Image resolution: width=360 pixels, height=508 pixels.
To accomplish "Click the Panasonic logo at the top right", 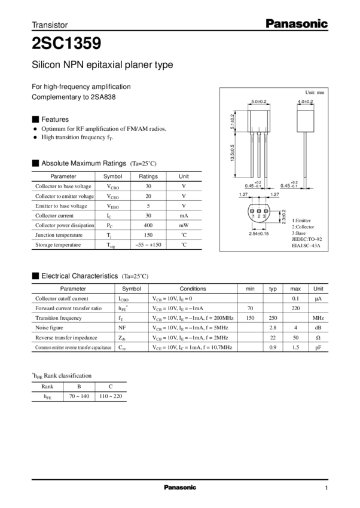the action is point(297,24).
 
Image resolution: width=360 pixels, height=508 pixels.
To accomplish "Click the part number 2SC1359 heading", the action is point(66,43).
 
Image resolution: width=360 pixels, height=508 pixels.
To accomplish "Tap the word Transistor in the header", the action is point(50,25).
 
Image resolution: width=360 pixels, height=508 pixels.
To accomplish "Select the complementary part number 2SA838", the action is point(103,97).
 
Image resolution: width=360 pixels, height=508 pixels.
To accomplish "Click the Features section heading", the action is point(55,119).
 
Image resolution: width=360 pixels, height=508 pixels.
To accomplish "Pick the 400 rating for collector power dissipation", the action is point(148,225).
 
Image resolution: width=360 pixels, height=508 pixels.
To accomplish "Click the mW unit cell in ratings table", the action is point(184,225).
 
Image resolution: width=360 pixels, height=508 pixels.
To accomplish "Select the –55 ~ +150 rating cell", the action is point(148,244).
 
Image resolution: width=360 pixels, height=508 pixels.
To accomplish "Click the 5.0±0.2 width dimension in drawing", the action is point(258,102).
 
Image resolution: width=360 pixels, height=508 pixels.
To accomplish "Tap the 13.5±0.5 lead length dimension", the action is point(233,153).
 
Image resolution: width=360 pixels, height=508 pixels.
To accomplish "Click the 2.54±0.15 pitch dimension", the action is point(258,234).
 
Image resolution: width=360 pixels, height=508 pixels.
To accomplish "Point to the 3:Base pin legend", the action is point(299,233).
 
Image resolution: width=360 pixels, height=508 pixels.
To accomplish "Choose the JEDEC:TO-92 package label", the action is point(307,239).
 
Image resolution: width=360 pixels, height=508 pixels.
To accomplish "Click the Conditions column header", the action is point(193,289).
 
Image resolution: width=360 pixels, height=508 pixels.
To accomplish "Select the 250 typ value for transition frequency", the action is point(273,318).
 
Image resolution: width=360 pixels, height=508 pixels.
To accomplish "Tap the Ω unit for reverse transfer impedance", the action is point(318,338).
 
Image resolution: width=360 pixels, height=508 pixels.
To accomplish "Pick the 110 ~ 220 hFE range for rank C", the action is point(111,396).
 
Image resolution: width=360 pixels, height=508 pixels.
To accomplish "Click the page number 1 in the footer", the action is point(327,488).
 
